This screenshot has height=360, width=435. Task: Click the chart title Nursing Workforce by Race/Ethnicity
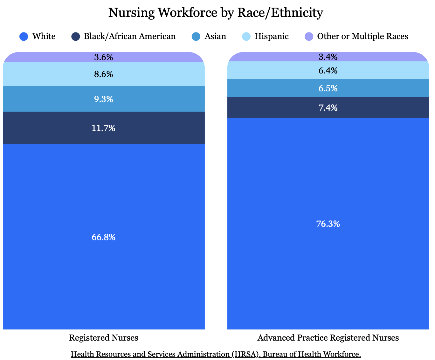coord(216,13)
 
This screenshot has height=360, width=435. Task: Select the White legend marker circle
coord(24,37)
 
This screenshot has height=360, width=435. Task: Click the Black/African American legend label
coord(129,36)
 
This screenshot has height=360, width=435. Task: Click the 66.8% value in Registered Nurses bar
coord(103,237)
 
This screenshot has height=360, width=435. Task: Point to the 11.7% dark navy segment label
coord(103,128)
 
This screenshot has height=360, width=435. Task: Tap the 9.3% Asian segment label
coord(103,99)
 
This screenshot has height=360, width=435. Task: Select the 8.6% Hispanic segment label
coord(103,74)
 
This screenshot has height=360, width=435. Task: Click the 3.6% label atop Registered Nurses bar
coord(103,58)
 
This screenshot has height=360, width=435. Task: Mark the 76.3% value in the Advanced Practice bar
coord(328,224)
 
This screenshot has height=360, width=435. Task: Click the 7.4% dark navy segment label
coord(328,108)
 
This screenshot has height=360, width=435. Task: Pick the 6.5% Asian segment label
coord(328,88)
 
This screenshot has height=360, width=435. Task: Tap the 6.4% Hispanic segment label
coord(328,71)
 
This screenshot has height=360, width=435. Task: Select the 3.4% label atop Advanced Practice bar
coord(328,57)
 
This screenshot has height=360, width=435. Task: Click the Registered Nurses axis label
coord(103,338)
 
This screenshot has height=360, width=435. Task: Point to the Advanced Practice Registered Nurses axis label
coord(328,338)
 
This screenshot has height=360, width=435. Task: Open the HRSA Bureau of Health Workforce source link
coord(216,354)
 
